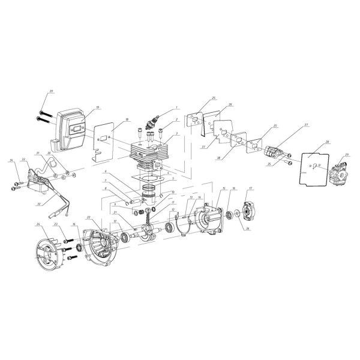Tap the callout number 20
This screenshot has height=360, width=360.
coord(51,91)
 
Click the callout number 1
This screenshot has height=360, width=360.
coord(177,108)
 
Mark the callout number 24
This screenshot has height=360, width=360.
coord(38,224)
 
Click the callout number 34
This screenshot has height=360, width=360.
coord(11,161)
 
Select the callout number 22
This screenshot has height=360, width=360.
coord(88,217)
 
